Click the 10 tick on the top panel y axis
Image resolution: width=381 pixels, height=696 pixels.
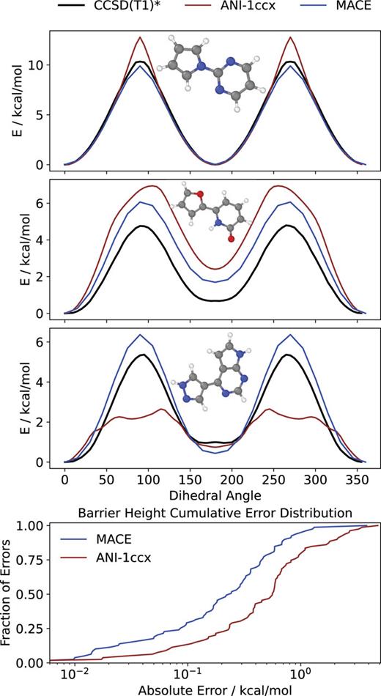45,65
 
